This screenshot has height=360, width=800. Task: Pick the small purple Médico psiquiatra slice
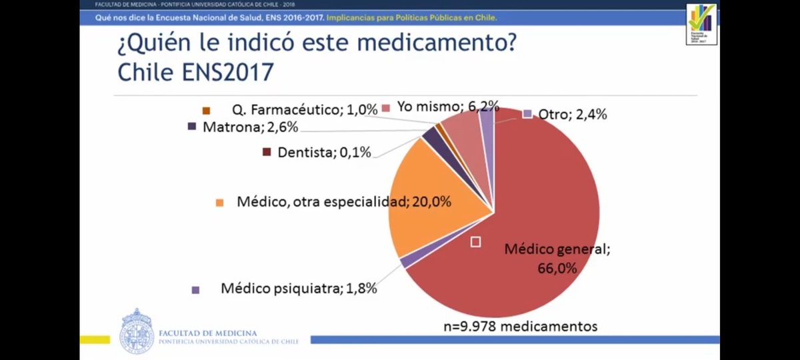[405, 261]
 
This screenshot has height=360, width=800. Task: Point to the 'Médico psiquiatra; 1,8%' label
[299, 289]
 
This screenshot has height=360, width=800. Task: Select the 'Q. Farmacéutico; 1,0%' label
[305, 109]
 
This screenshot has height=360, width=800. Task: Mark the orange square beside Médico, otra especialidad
[219, 202]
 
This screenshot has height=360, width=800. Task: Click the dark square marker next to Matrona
[193, 126]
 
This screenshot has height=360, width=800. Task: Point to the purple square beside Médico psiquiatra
[195, 290]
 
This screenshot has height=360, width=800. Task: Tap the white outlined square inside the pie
[475, 242]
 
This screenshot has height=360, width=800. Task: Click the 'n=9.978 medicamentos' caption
[520, 326]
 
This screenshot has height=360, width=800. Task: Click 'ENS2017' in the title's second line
[228, 71]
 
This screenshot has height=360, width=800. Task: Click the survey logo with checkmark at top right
[701, 24]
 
